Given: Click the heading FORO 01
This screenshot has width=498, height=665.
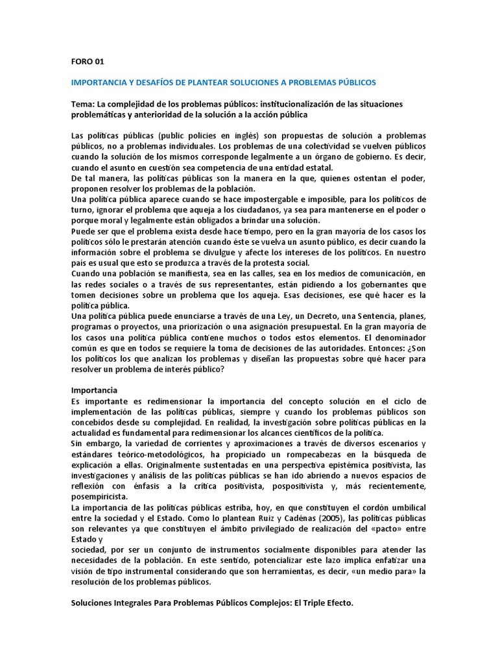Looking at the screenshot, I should (86, 62).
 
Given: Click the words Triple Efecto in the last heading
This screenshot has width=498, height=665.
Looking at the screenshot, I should (324, 602).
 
